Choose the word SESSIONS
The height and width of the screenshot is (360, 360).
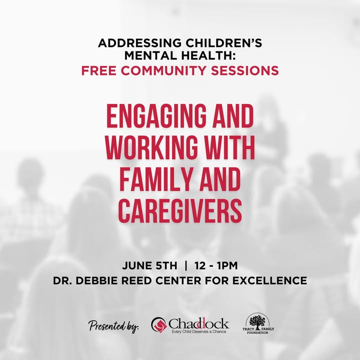(x=244, y=70)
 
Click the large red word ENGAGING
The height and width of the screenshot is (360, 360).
(x=156, y=117)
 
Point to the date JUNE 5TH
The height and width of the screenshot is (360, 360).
(x=149, y=265)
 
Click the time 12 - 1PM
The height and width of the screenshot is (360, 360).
(x=216, y=265)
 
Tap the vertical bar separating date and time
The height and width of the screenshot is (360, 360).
(x=185, y=265)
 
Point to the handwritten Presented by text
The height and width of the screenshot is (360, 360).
(x=113, y=326)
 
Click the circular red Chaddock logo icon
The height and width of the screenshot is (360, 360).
(x=158, y=324)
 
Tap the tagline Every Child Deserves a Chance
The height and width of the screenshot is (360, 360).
(x=199, y=331)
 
